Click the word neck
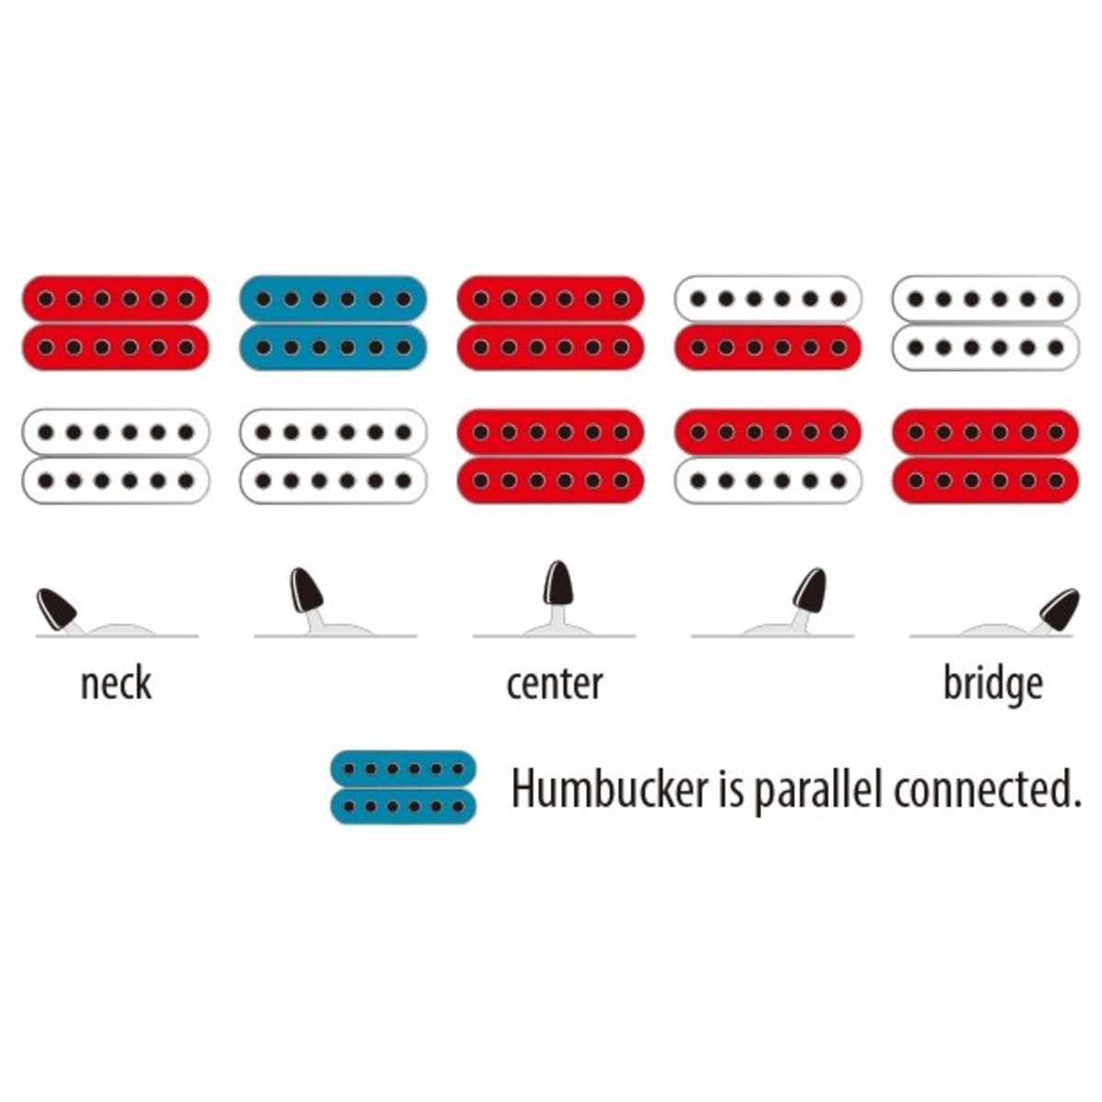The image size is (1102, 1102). (x=116, y=683)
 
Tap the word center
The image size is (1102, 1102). (x=555, y=684)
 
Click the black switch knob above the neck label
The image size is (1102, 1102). (x=57, y=609)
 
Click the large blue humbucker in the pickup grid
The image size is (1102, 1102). (x=333, y=323)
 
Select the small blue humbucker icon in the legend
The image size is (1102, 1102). (x=404, y=787)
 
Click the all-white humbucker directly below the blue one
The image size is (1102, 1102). (x=333, y=456)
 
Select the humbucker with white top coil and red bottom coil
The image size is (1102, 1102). (x=768, y=323)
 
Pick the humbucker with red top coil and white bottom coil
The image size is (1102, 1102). (x=768, y=456)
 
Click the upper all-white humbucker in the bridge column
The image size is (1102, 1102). (x=986, y=323)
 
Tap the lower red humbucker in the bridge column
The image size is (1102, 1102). (x=986, y=456)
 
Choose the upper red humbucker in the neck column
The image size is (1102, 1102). (x=116, y=323)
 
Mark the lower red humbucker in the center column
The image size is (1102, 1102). (x=551, y=456)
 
